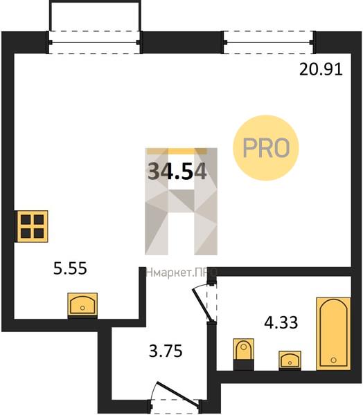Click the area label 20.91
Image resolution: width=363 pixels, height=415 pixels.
[x=321, y=70]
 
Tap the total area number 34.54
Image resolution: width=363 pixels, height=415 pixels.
[x=177, y=172]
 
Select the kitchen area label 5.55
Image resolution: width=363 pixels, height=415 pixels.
[x=70, y=268]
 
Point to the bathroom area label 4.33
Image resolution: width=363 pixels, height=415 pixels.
[x=281, y=322]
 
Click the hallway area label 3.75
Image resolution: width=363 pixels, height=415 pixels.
[x=166, y=351]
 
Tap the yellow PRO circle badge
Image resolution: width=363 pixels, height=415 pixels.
[x=266, y=148]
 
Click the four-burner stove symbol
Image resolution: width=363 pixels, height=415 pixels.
[x=33, y=226]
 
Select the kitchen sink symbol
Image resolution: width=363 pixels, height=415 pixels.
[x=82, y=304]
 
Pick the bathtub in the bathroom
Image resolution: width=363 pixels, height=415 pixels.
[x=334, y=333]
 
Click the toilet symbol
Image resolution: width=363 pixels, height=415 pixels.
[x=244, y=354]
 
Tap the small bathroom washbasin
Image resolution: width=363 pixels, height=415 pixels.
[x=290, y=360]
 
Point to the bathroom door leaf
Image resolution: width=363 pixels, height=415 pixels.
[x=203, y=306]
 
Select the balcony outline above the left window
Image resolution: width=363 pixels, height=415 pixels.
[x=95, y=16]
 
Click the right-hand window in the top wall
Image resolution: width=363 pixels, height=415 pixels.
[x=269, y=42]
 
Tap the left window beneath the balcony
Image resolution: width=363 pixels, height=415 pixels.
[x=95, y=42]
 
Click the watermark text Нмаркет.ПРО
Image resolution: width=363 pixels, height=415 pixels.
[x=182, y=273]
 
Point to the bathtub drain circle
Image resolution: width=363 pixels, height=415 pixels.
[x=334, y=360]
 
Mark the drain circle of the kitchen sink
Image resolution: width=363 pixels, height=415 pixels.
[x=82, y=308]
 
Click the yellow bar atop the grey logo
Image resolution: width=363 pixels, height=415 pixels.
[x=177, y=151]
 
